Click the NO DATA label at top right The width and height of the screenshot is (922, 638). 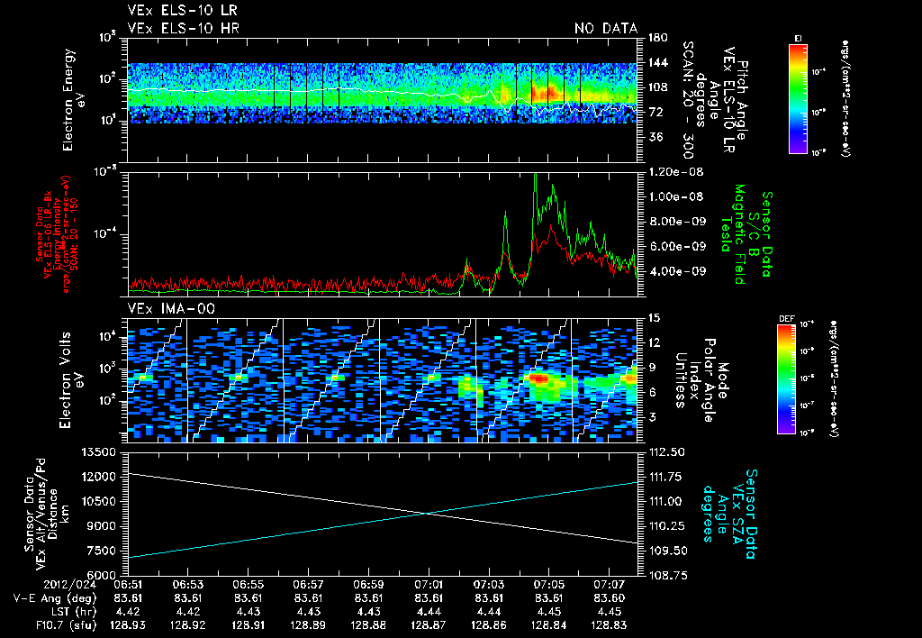pyautogui.click(x=606, y=29)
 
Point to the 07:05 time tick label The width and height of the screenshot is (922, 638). pyautogui.click(x=549, y=583)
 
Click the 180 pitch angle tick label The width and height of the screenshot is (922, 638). pyautogui.click(x=655, y=38)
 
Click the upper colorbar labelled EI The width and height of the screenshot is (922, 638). pyautogui.click(x=797, y=96)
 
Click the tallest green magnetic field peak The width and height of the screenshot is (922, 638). pyautogui.click(x=536, y=177)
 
